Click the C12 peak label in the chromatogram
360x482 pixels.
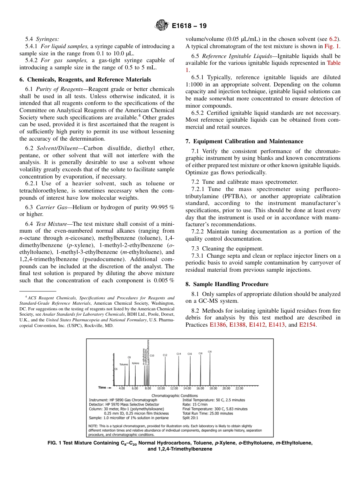(x=165, y=355)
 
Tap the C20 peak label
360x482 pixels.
(x=210, y=352)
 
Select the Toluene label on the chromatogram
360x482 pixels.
(x=124, y=364)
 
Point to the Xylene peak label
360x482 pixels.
(x=135, y=363)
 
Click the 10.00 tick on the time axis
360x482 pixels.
(x=161, y=388)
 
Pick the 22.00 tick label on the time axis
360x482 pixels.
(x=239, y=388)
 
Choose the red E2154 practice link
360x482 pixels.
(x=307, y=325)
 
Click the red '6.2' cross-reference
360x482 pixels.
(x=335, y=39)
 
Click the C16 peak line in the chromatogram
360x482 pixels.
(x=190, y=371)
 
